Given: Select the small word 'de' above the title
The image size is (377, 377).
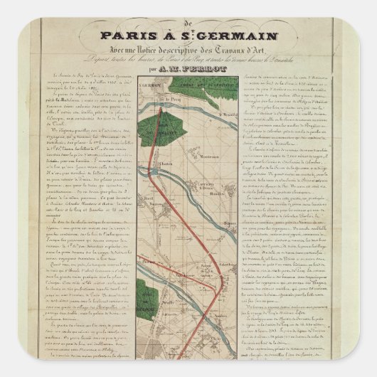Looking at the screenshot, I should (x=188, y=22).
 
